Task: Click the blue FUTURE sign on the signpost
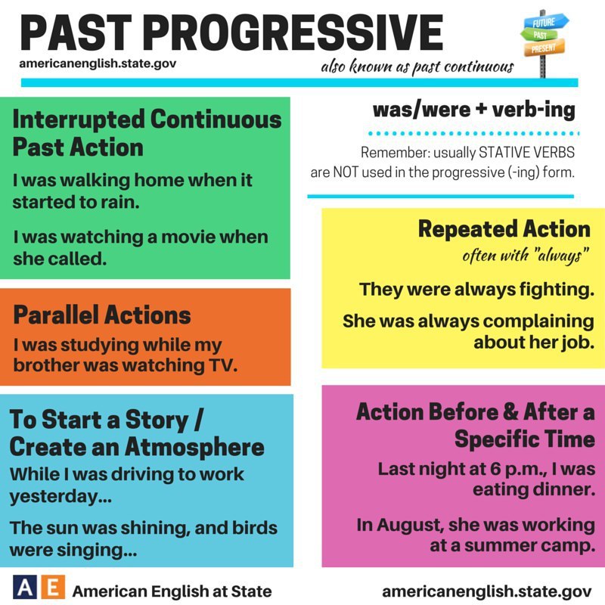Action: pyautogui.click(x=545, y=22)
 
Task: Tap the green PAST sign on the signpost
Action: pyautogui.click(x=539, y=35)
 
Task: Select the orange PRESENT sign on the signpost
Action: pyautogui.click(x=544, y=48)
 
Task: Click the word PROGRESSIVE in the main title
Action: pyautogui.click(x=295, y=33)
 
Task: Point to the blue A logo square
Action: pyautogui.click(x=25, y=587)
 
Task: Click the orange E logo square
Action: pyautogui.click(x=52, y=587)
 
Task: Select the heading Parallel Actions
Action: pyautogui.click(x=102, y=315)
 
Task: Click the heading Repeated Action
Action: pyautogui.click(x=504, y=228)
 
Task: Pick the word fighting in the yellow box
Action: pyautogui.click(x=557, y=290)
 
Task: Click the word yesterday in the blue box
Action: pyautogui.click(x=60, y=497)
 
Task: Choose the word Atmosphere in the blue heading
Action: pyautogui.click(x=194, y=447)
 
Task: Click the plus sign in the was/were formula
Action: pyautogui.click(x=481, y=109)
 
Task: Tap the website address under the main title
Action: pyautogui.click(x=98, y=64)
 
